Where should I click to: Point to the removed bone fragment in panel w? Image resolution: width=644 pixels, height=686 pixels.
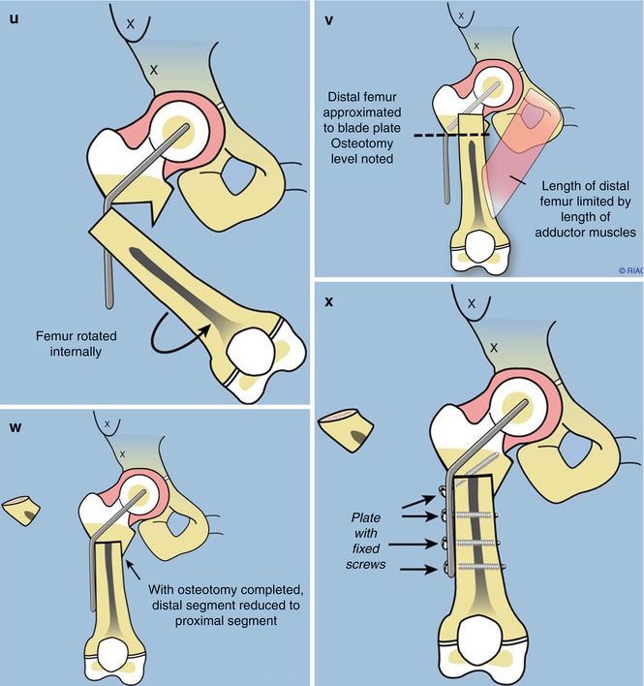coord(20,511)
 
